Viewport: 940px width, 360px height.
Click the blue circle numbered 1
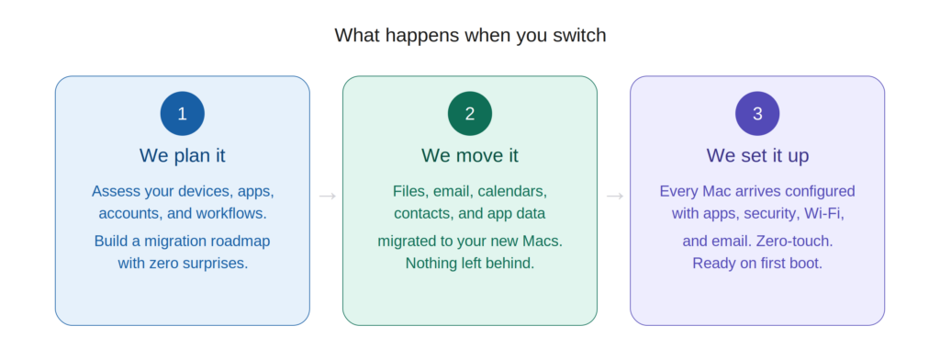coord(182,114)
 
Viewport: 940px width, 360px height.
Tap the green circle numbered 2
coord(470,114)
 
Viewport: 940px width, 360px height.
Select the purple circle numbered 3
coord(757,114)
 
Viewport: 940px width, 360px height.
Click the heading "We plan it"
coord(182,155)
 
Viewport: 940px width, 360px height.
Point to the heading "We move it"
coord(470,155)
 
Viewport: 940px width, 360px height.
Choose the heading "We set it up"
coord(757,155)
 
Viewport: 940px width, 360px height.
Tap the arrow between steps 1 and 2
coord(326,196)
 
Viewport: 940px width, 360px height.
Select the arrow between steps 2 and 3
coord(614,196)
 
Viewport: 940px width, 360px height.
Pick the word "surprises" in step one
coord(214,263)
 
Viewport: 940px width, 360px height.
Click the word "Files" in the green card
coord(411,191)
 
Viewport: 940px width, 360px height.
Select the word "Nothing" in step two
coord(434,263)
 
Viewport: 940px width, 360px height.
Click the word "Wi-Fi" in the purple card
coord(823,213)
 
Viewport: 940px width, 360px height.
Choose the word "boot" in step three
coord(805,263)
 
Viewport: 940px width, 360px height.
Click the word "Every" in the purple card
coord(680,191)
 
